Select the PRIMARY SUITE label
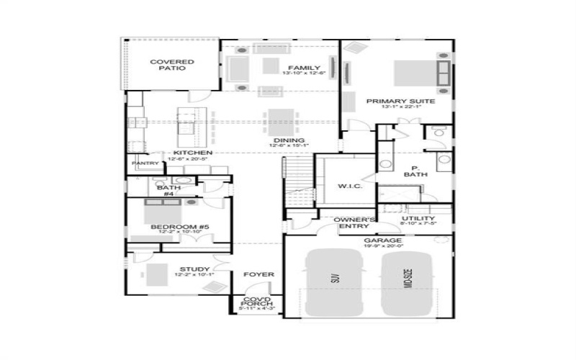[400, 102]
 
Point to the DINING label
[289, 140]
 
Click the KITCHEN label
[192, 153]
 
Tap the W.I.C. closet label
[349, 186]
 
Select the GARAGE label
[383, 240]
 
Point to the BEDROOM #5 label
[179, 228]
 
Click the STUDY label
[194, 269]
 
